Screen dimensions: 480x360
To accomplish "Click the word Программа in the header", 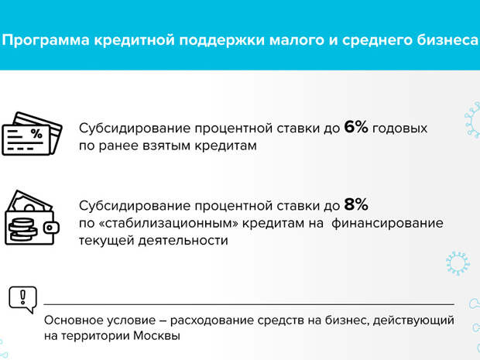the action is click(46, 40).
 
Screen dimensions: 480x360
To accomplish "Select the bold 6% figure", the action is click(356, 127).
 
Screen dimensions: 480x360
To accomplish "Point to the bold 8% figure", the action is click(356, 204).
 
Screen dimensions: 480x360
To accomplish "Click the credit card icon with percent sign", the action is click(32, 133).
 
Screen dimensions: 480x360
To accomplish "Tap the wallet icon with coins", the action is click(32, 218).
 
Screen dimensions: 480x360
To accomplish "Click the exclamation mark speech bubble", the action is click(22, 300).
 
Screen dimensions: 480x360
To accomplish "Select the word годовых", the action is click(399, 129).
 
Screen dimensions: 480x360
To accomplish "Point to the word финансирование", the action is click(387, 224).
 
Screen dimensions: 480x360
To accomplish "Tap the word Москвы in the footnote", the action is click(156, 336).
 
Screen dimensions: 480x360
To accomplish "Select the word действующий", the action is click(413, 321).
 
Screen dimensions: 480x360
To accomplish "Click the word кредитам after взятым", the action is click(225, 146).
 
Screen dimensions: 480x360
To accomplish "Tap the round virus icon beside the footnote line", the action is click(458, 263).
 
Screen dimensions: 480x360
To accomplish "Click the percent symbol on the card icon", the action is click(36, 133).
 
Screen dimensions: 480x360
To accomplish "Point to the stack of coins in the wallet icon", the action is click(22, 229).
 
